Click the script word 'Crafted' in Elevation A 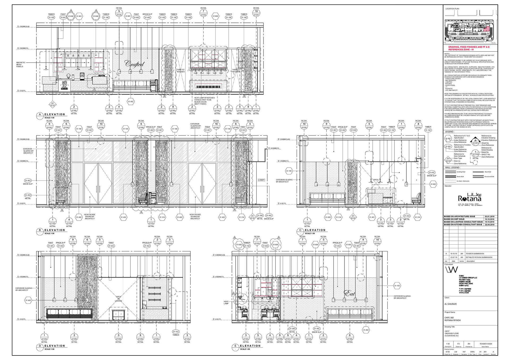click(135, 64)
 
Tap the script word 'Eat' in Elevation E click(350, 293)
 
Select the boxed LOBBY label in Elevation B click(261, 180)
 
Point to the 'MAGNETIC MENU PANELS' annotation click(21, 65)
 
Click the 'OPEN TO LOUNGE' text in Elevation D click(118, 299)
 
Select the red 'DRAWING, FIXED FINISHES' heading click(469, 48)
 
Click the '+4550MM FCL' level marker click(274, 148)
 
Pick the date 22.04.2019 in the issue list click(490, 225)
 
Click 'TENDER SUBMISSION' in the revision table click(475, 254)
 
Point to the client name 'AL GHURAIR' click(450, 304)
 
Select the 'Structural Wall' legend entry click(489, 177)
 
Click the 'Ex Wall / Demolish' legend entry click(463, 181)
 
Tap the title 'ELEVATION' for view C click(315, 230)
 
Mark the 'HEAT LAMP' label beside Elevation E click(226, 302)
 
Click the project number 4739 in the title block click(447, 352)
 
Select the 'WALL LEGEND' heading click(452, 168)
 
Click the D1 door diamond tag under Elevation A click(53, 104)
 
